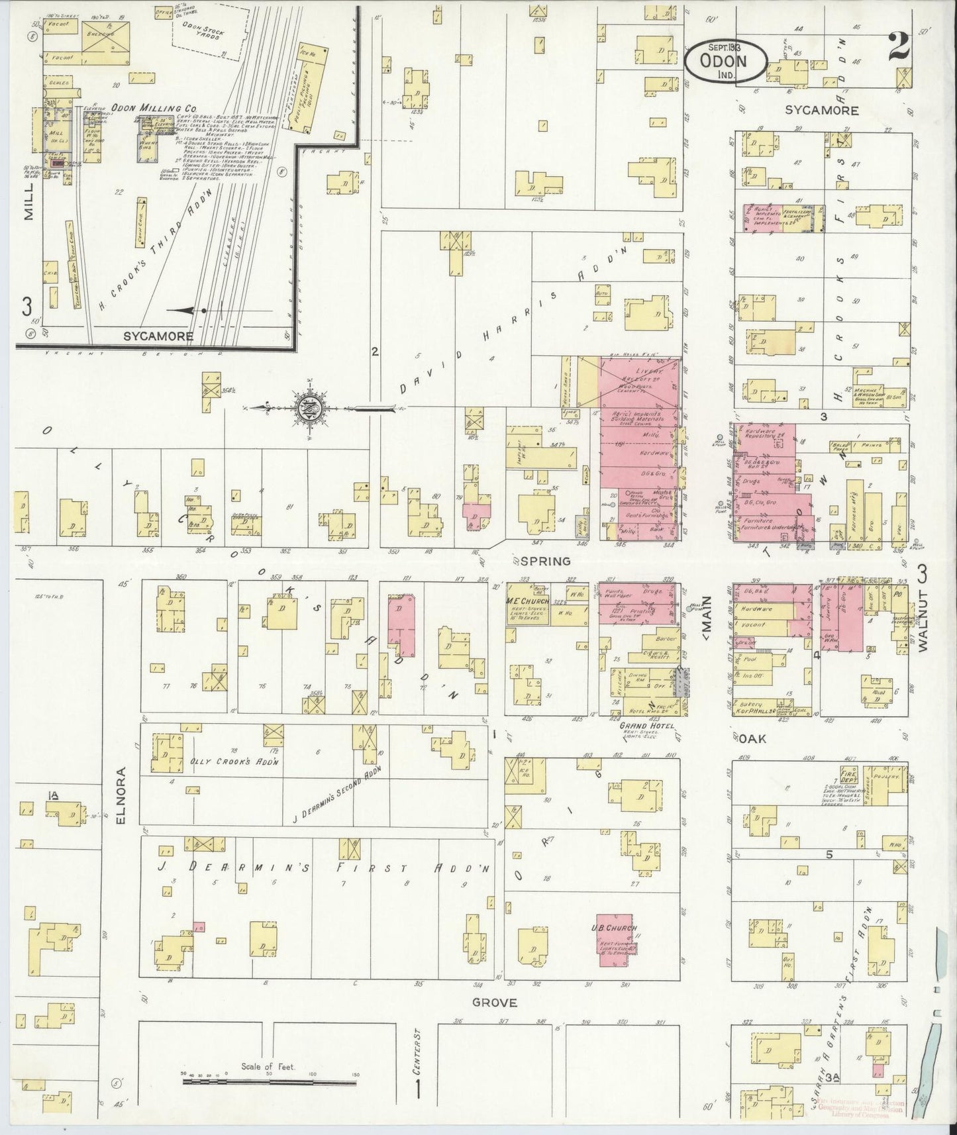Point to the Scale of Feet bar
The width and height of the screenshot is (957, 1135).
point(270,1081)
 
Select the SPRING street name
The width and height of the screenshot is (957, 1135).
point(545,561)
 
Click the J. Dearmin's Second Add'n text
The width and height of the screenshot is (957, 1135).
point(337,787)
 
